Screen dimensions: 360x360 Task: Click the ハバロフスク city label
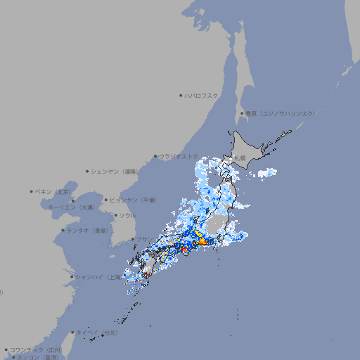coord(202,95)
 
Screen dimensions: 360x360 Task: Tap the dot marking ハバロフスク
coord(181,95)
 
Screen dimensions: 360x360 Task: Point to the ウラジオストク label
coord(177,156)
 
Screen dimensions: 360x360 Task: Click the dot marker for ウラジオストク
coord(155,156)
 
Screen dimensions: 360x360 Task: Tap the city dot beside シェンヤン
coord(88,171)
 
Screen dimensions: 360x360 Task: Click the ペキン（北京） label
coord(54,191)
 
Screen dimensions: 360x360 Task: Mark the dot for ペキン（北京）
coord(32,191)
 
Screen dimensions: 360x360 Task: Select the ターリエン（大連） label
coord(71,207)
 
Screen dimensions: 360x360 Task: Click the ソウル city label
coord(127,215)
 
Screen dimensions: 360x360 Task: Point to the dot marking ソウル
coord(115,215)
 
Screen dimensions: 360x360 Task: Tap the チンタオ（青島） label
coord(87,230)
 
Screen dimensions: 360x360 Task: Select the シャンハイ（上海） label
coord(98,277)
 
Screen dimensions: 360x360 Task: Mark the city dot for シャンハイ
coord(72,277)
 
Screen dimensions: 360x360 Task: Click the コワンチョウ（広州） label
coord(36,349)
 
